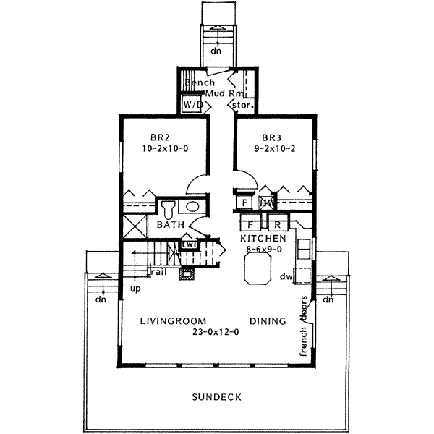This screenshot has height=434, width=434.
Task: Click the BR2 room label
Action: tap(160, 137)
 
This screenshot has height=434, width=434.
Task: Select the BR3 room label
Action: tap(271, 137)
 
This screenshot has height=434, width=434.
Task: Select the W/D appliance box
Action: tap(192, 105)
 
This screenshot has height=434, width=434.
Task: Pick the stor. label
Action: tap(242, 106)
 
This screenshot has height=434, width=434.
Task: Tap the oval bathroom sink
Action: tap(193, 208)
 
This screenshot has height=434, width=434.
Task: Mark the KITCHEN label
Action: tap(263, 238)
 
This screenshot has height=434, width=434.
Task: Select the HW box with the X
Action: tap(267, 203)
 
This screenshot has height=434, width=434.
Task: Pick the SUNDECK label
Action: tap(217, 397)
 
